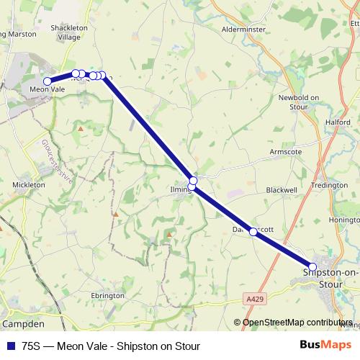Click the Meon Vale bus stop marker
point(48,81)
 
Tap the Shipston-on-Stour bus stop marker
point(312,266)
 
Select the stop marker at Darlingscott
point(253,232)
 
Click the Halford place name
point(338,122)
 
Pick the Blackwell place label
point(282,189)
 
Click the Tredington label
point(329,185)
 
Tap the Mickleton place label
point(30,184)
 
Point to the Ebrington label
point(108,295)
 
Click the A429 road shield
point(253,297)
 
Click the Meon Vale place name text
point(48,89)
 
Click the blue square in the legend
point(11,346)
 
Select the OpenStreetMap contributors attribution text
point(297,323)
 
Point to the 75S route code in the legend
point(32,346)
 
